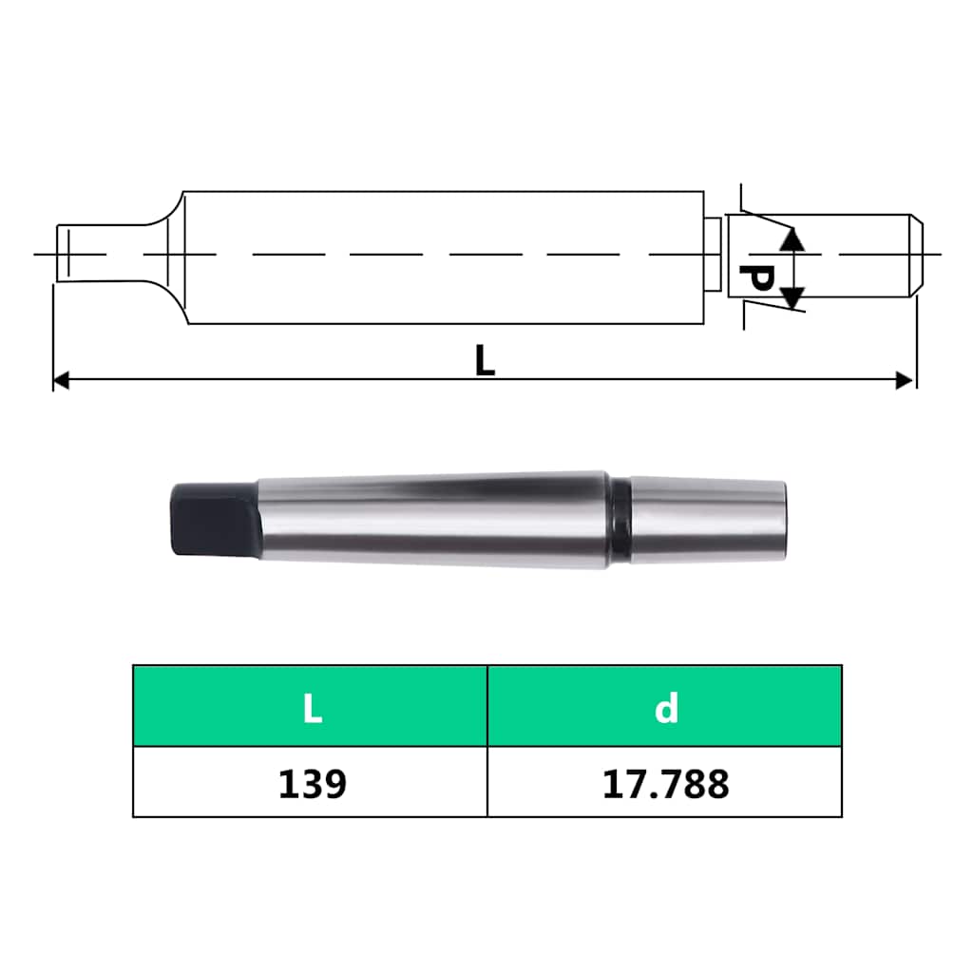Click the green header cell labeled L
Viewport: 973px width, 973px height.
coord(311,706)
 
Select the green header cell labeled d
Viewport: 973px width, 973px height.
coord(664,706)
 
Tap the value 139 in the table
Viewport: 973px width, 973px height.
coord(312,784)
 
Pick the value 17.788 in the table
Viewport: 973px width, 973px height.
coord(665,784)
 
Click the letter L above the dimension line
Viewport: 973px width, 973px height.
coord(485,360)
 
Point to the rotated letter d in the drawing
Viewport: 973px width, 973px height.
coord(756,278)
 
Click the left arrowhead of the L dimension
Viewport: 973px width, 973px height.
coord(61,380)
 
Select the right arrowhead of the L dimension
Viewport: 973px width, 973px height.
coord(905,380)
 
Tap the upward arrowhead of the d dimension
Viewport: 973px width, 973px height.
coord(792,239)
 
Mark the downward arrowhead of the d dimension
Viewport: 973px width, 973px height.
coord(792,297)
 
